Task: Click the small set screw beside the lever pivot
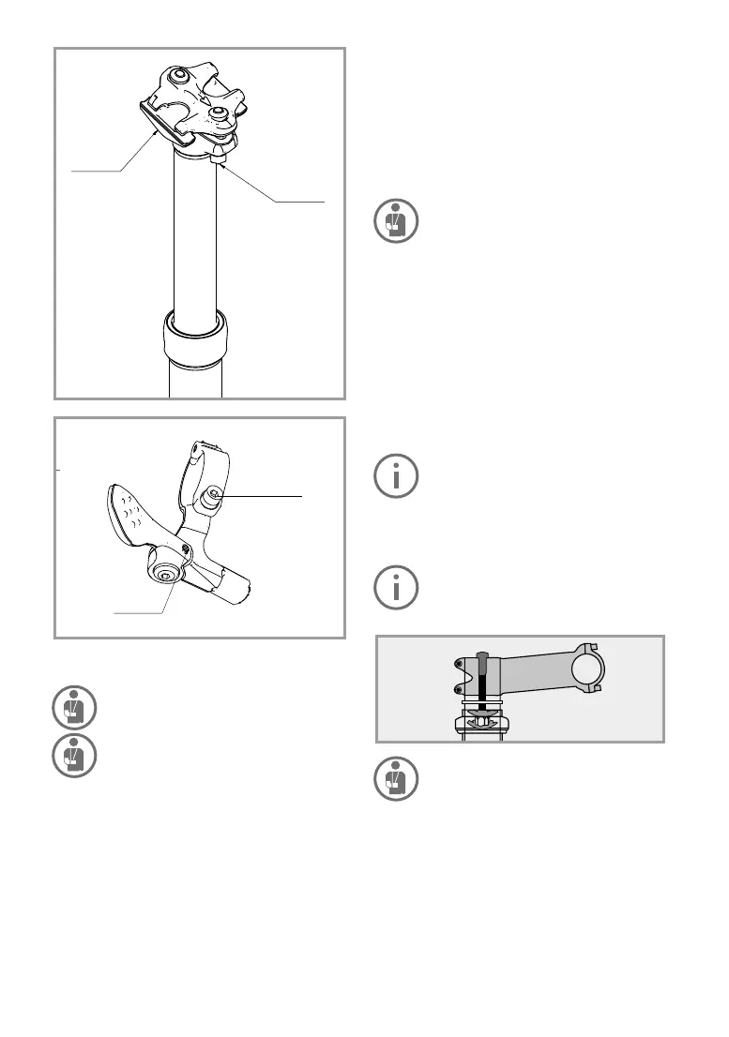click(186, 549)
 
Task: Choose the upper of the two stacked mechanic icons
click(71, 708)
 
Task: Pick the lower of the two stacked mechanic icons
click(71, 756)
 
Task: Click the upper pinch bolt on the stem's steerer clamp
click(458, 663)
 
